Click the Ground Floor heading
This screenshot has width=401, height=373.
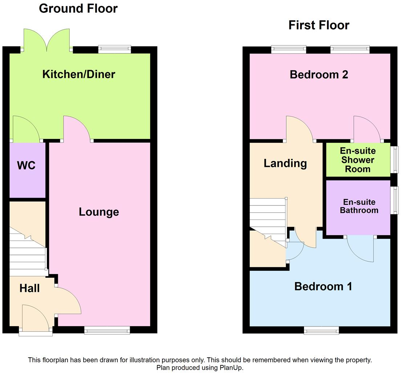pos(78,8)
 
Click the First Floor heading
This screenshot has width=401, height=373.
pos(319,25)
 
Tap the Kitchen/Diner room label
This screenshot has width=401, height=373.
pos(79,75)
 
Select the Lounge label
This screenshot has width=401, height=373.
pos(99,212)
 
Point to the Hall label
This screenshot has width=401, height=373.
pos(29,289)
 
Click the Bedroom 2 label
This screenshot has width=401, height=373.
pos(319,75)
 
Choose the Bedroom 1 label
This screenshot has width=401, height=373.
pos(323,286)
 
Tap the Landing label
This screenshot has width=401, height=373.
pos(285,163)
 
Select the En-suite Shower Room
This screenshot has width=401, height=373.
pos(357,160)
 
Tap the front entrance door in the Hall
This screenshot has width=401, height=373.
pos(36,318)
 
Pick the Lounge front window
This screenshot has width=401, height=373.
pos(107,330)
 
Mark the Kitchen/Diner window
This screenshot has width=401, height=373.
pos(114,49)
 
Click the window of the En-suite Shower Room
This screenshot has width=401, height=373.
pos(394,160)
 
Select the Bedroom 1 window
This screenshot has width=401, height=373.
pos(321,330)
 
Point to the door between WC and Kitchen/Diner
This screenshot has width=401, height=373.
pos(26,129)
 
